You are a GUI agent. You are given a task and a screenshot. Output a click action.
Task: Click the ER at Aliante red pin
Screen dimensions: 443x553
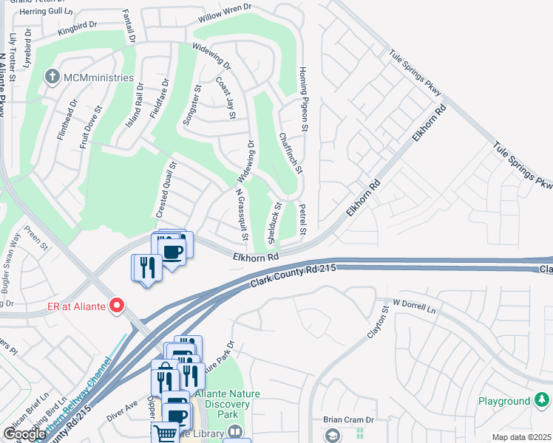coord(115,305)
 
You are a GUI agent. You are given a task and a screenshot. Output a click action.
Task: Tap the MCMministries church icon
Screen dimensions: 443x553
coord(52,77)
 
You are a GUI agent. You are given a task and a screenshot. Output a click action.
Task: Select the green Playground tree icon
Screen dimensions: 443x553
coord(542,400)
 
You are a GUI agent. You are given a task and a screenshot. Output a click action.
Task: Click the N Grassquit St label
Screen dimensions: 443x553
coord(240,215)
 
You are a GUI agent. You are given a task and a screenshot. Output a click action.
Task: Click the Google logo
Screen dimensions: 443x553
coord(24,434)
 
